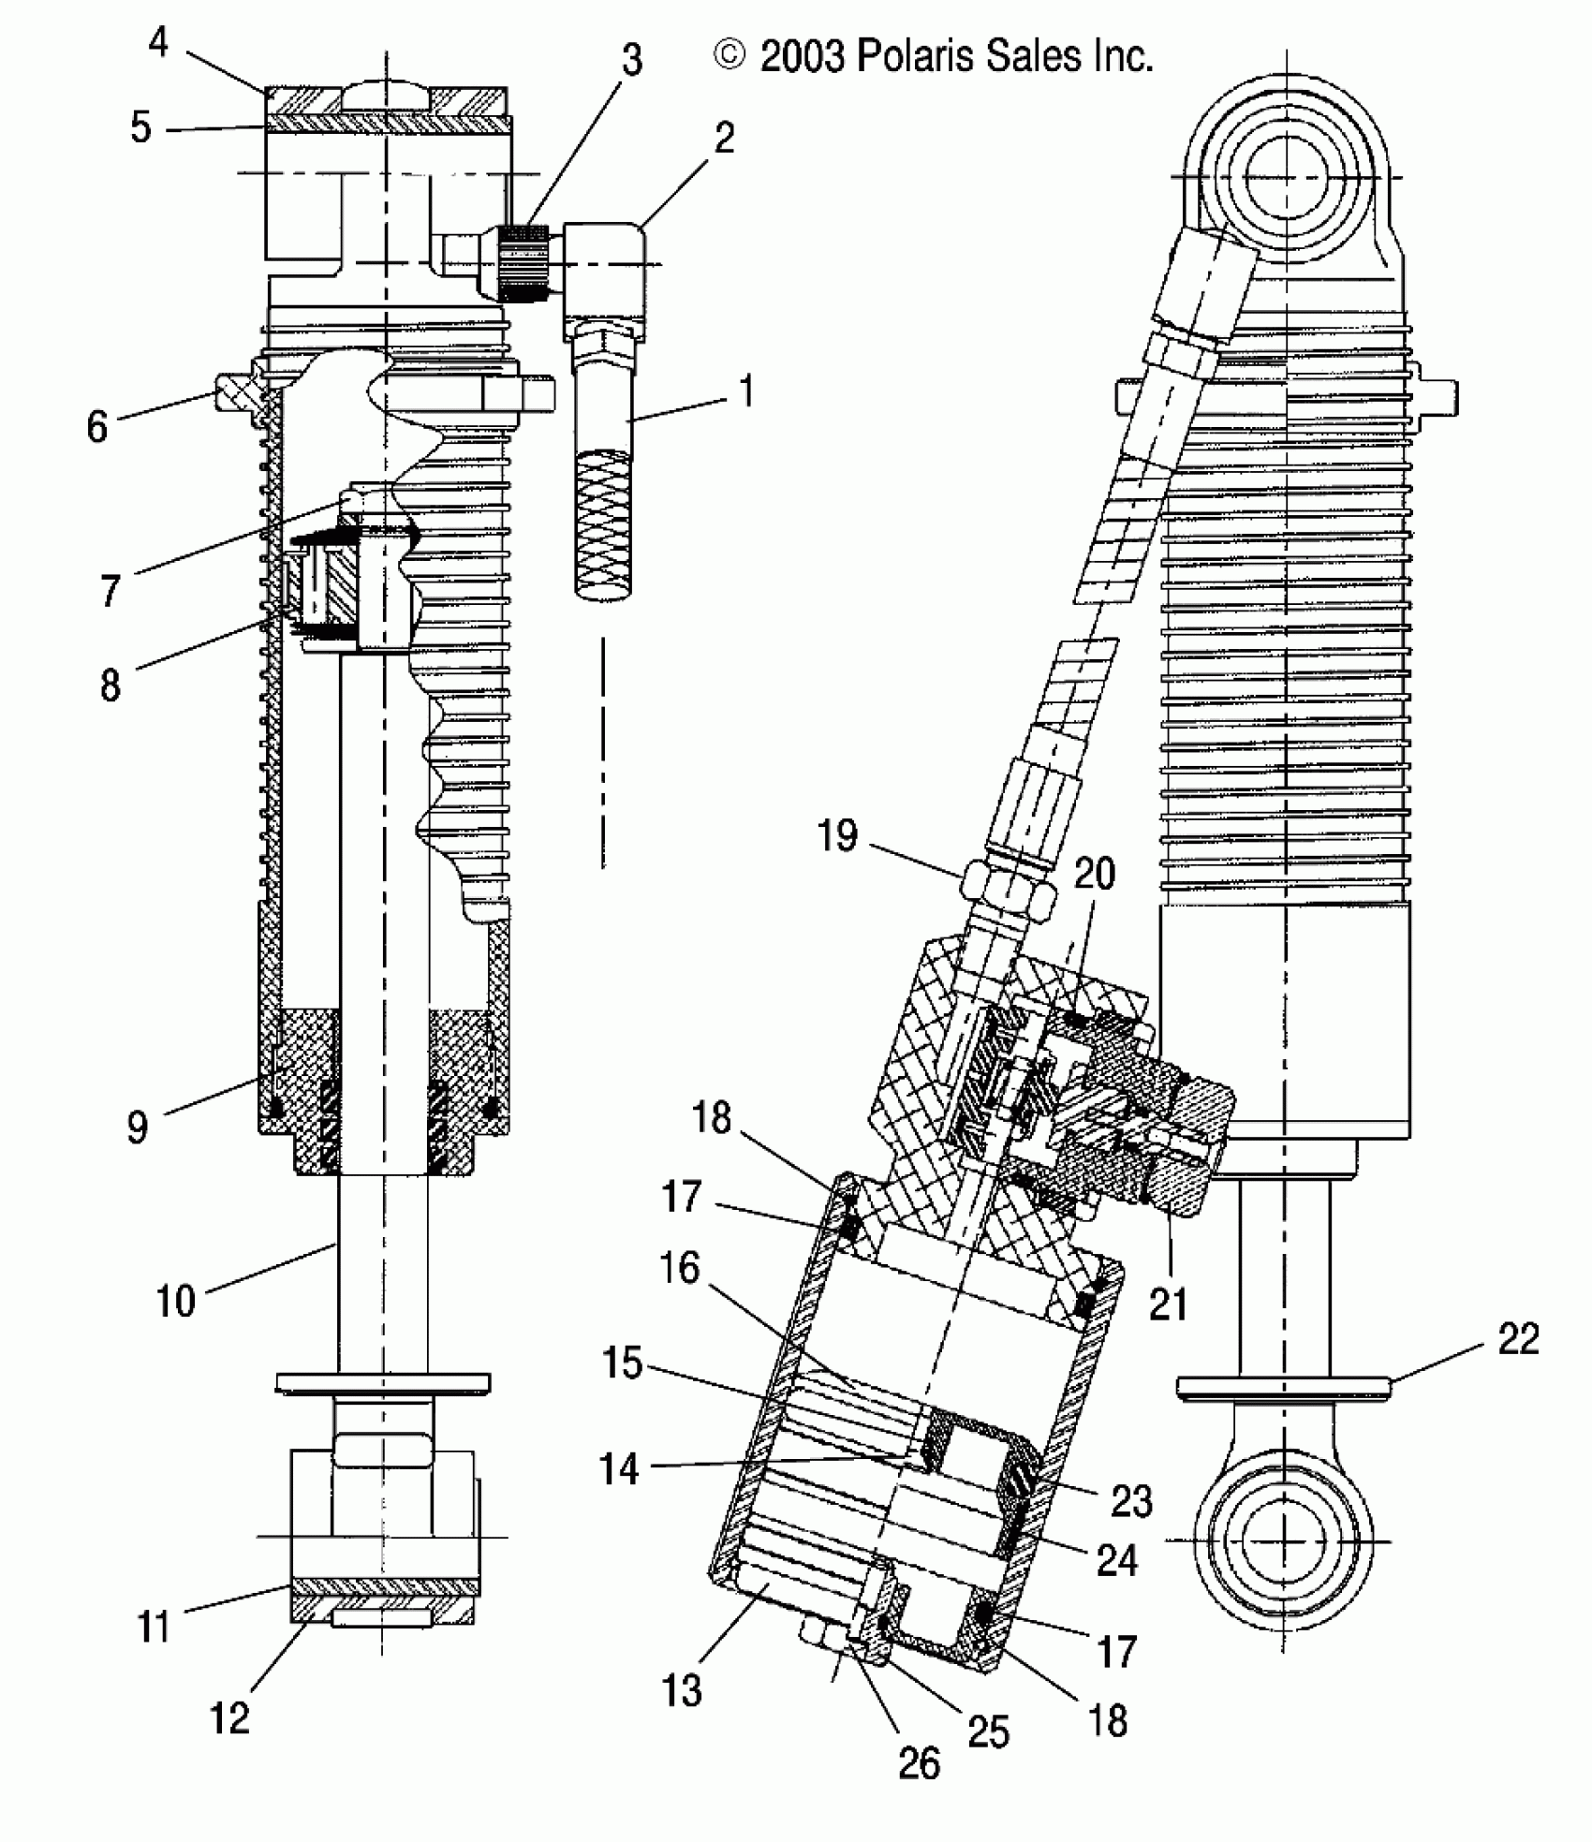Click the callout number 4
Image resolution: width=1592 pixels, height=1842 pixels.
158,42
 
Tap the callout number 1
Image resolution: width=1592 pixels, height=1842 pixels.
746,391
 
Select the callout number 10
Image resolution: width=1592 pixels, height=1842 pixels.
175,1301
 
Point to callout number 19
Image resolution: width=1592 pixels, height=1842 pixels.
837,834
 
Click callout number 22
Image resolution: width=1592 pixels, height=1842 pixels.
1518,1339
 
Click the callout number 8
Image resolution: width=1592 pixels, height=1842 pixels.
111,685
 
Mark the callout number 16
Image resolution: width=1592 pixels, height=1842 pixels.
680,1269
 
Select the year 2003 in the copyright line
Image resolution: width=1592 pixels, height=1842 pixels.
803,57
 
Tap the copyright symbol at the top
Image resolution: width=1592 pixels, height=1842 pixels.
730,56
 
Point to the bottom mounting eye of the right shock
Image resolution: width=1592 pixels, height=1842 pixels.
1288,1540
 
